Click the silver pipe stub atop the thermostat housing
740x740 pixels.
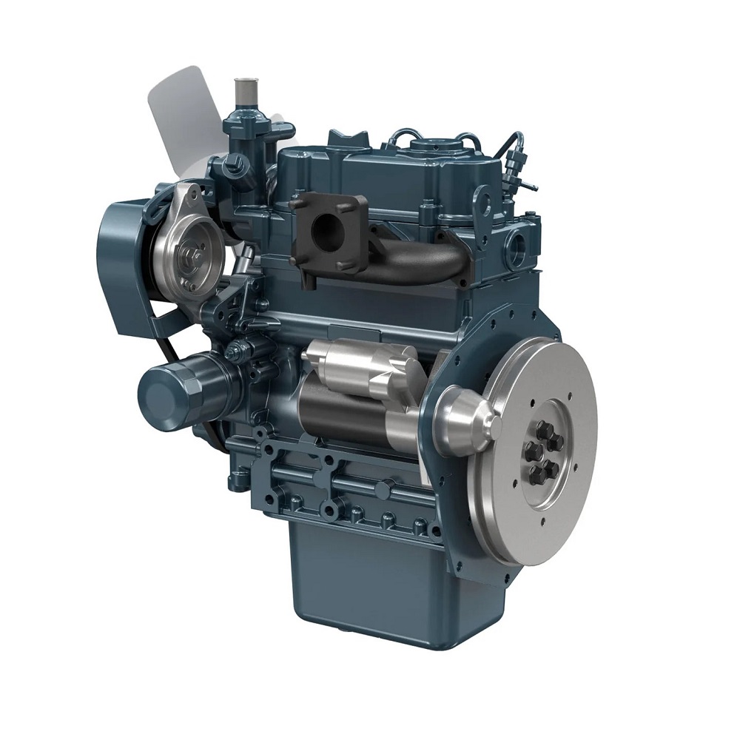[242, 93]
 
